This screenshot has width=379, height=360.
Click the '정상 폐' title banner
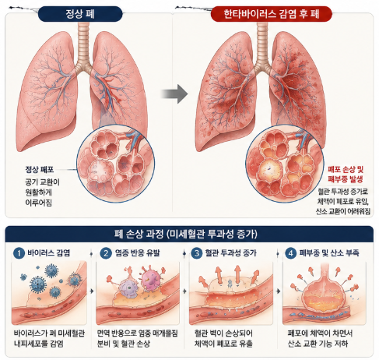[x=80, y=14]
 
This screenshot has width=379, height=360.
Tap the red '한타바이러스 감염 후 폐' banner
[x=272, y=14]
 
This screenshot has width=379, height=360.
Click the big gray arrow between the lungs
[x=174, y=94]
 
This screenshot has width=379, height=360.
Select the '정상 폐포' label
[x=40, y=170]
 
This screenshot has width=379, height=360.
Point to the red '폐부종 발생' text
[x=345, y=179]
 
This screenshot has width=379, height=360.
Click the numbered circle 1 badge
[x=19, y=253]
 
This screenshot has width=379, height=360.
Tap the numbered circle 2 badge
[x=106, y=253]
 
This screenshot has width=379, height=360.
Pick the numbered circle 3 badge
[x=197, y=253]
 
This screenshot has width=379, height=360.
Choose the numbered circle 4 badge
[x=290, y=253]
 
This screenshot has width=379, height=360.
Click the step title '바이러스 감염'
[x=49, y=253]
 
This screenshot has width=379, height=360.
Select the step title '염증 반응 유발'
[x=138, y=253]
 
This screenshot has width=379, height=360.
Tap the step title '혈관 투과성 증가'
[x=231, y=253]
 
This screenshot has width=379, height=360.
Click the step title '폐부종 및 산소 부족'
[x=329, y=253]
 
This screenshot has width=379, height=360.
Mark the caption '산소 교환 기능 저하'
[x=318, y=344]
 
